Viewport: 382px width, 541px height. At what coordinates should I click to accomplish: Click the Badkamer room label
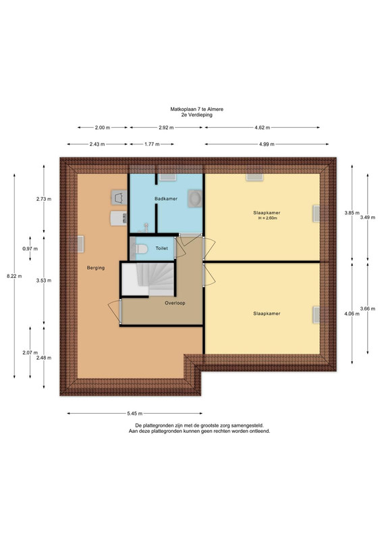(166, 199)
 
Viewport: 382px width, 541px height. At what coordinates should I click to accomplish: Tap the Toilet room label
(161, 248)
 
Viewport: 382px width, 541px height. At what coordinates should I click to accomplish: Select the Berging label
(96, 268)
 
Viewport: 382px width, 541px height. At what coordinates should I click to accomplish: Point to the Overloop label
(175, 303)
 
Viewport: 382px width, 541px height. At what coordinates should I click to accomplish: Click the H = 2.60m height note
(268, 218)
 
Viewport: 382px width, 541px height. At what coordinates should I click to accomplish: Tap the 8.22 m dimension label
(14, 276)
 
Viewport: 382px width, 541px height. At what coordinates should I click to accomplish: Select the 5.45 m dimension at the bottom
(135, 413)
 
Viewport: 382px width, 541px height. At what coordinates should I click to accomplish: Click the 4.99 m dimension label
(267, 144)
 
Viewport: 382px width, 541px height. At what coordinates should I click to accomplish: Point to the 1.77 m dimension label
(152, 144)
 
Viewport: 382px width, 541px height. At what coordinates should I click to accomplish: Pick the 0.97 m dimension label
(30, 249)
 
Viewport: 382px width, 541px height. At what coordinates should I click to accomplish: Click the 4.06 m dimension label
(352, 314)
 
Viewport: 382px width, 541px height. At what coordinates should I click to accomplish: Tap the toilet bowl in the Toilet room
(142, 248)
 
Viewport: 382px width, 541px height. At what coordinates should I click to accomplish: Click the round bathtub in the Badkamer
(195, 198)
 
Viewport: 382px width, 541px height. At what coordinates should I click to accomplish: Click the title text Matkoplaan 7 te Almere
(196, 109)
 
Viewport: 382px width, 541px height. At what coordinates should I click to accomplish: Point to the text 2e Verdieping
(196, 115)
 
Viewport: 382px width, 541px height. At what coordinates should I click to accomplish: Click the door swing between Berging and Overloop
(115, 312)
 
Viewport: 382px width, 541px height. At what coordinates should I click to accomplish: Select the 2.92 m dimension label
(166, 128)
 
